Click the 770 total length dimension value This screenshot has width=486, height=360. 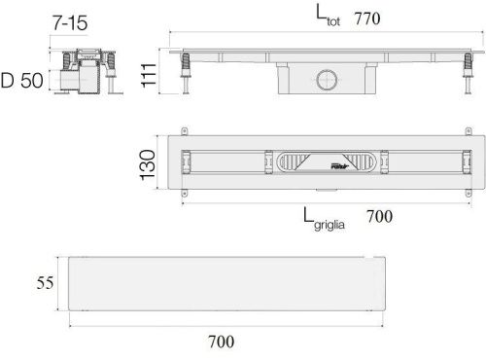367,18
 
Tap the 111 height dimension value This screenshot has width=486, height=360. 149,75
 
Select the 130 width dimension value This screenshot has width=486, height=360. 148,164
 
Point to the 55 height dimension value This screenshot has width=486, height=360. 45,282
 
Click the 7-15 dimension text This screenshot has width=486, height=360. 70,23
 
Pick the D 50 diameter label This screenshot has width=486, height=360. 22,81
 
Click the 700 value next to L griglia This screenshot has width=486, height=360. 379,216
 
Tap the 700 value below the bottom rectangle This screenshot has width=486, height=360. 221,342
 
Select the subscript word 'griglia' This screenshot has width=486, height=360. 330,225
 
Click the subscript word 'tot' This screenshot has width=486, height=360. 333,21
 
